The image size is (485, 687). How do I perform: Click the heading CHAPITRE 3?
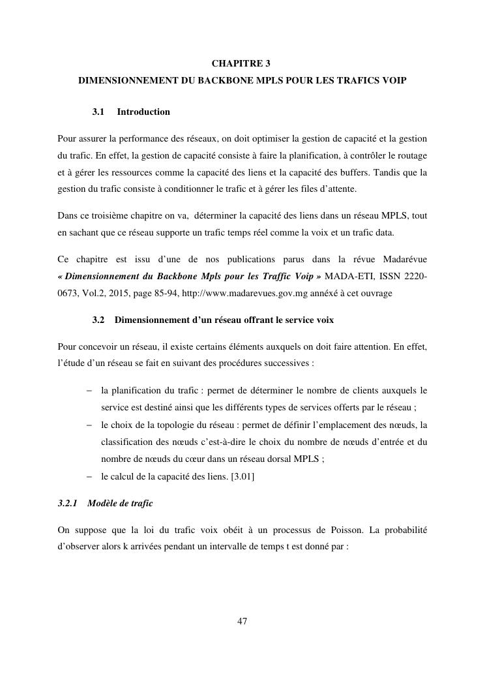242,63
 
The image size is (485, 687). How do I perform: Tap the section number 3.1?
99,112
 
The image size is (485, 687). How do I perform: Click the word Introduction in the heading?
143,112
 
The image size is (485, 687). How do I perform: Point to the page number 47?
242,620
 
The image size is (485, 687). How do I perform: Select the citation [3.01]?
242,476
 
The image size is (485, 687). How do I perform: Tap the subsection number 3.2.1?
68,504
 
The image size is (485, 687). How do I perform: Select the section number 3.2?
99,320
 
